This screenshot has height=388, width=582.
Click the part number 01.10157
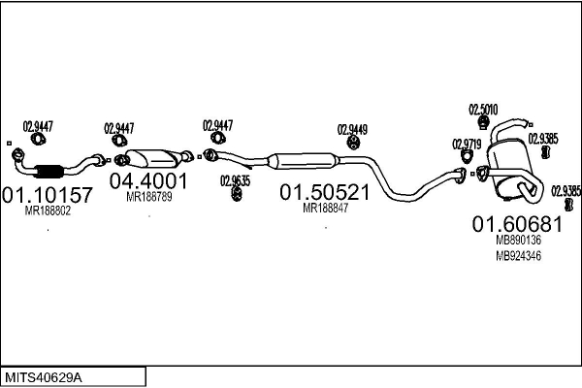[x=47, y=195]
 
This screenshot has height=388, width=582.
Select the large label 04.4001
[x=148, y=181]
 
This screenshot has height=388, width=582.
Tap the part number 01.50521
[x=324, y=192]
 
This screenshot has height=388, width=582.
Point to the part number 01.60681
[x=517, y=224]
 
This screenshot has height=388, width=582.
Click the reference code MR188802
[x=48, y=210]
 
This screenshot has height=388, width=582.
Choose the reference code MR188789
[x=149, y=197]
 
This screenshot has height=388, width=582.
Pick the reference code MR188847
[x=326, y=209]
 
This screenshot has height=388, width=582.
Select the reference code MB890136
[x=518, y=241]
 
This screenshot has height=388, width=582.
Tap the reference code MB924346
[x=518, y=256]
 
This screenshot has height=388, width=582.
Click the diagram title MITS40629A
[x=44, y=378]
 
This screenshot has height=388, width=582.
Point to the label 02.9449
[x=352, y=130]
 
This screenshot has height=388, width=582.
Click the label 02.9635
[x=236, y=180]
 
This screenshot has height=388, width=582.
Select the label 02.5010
[x=483, y=110]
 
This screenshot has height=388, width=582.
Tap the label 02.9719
[x=467, y=145]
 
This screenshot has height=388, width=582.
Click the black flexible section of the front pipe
[x=48, y=171]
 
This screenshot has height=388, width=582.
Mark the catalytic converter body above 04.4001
[x=151, y=158]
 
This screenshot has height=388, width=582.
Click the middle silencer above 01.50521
[x=304, y=161]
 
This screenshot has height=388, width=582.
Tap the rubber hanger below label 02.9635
[x=236, y=194]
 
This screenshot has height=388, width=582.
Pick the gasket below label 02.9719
[x=467, y=156]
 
